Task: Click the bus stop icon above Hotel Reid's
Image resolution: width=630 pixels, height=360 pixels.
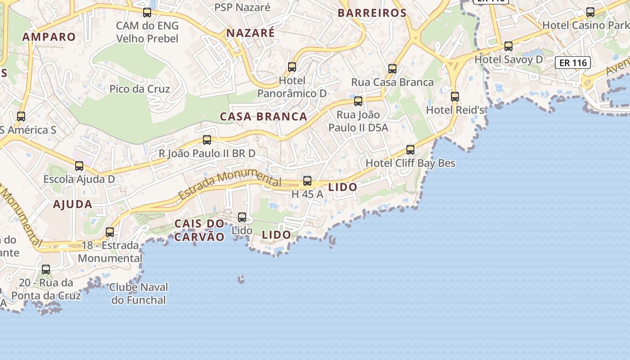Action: click(x=455, y=96)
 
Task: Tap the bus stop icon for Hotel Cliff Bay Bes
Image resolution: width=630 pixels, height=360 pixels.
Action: click(x=410, y=149)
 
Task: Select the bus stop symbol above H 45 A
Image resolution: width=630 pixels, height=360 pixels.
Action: click(x=307, y=181)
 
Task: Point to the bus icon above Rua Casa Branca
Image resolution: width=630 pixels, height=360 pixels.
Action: click(x=392, y=68)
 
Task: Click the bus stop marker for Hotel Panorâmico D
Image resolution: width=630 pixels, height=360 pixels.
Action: click(x=292, y=67)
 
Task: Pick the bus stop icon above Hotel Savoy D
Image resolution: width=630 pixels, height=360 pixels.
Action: click(x=508, y=46)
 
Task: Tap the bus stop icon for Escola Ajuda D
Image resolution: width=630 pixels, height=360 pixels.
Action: click(x=79, y=166)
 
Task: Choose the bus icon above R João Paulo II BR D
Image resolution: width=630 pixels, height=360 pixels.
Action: click(x=207, y=139)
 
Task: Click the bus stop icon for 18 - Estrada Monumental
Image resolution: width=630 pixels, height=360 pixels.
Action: click(x=110, y=232)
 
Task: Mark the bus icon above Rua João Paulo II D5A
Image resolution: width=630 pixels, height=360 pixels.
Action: click(x=358, y=101)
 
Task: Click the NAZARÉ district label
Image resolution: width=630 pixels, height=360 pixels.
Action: click(x=250, y=33)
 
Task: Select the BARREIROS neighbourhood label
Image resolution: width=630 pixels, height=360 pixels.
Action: click(x=372, y=13)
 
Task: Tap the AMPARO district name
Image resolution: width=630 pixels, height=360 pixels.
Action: click(x=49, y=37)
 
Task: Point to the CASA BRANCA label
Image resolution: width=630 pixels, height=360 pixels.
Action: click(x=263, y=117)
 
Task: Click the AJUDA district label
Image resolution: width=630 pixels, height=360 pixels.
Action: click(x=72, y=204)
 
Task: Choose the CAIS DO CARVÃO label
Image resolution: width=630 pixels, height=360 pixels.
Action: click(x=199, y=230)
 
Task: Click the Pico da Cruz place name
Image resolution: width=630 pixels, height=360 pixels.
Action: click(x=139, y=89)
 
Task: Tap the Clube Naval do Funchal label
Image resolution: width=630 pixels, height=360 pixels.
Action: click(x=139, y=293)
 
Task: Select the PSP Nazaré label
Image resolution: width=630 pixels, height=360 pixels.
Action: click(x=242, y=7)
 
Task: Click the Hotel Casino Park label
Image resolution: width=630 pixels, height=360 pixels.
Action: click(x=585, y=25)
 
